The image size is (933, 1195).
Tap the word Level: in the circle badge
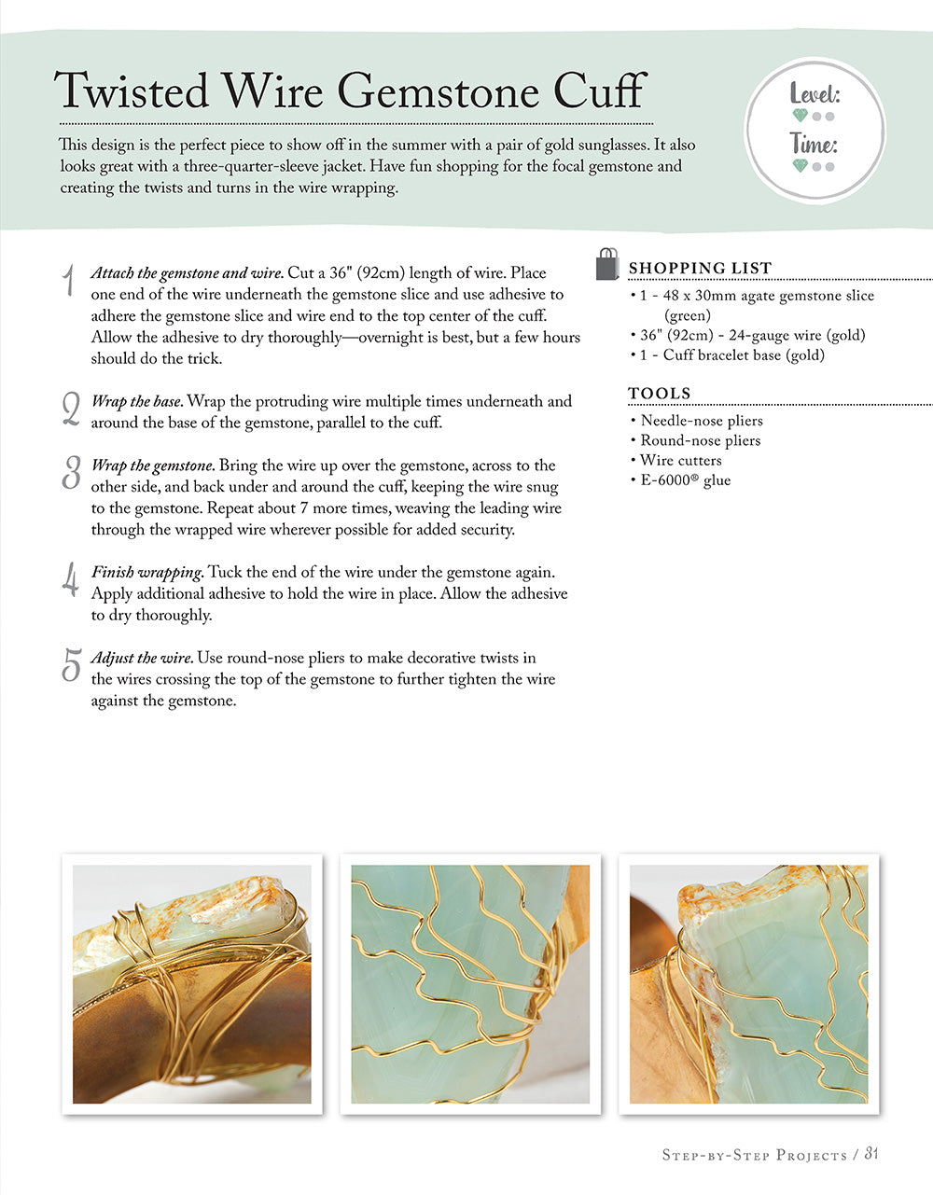pos(815,94)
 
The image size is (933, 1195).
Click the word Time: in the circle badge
pos(814,145)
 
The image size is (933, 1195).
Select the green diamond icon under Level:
pos(799,117)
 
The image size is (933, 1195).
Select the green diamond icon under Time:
pos(799,167)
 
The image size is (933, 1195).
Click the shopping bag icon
pos(607,265)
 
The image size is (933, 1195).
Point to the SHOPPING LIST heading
pos(700,269)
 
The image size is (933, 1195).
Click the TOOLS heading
pos(660,394)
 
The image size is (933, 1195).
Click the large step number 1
pos(68,281)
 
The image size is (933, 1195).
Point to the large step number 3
pos(71,473)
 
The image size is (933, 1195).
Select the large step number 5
pos(71,665)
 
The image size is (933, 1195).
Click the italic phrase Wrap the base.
pos(137,402)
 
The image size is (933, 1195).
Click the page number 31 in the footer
pos(870,1154)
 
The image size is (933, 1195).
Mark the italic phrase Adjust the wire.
pos(142,659)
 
